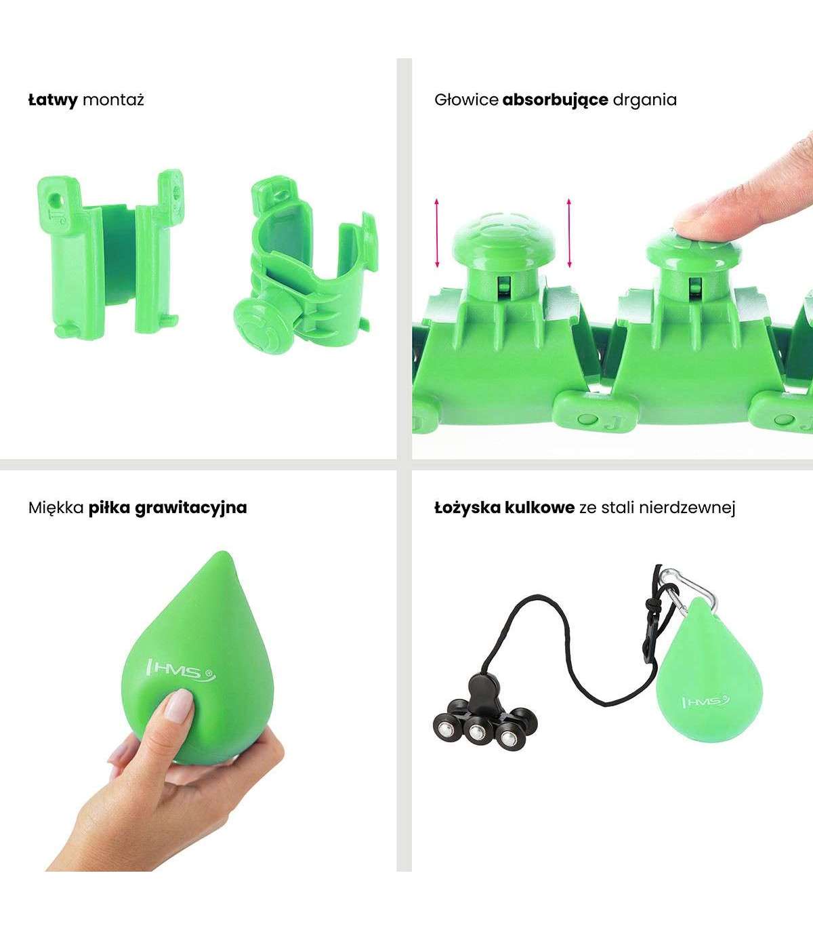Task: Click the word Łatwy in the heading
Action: pos(53,100)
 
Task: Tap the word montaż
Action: pos(114,100)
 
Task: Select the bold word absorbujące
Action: pos(555,100)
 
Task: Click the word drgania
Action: pos(644,100)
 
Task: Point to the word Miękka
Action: pos(56,507)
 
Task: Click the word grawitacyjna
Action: pos(191,508)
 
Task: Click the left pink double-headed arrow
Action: pos(437,232)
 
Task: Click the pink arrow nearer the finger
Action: pos(568,232)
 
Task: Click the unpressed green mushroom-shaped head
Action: pos(503,239)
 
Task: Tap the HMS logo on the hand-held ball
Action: pos(180,671)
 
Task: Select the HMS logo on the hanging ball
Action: pos(706,702)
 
